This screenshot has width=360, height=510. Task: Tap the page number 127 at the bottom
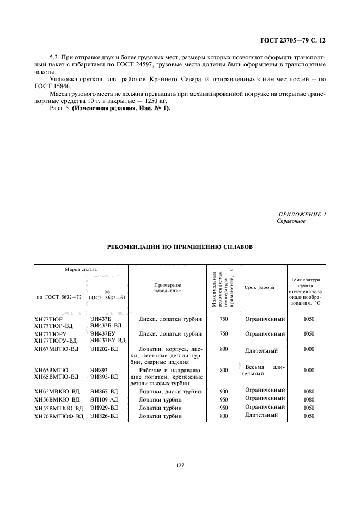180,465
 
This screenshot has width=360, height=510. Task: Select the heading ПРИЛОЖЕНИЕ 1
302,214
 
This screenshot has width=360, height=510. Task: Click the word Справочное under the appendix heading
291,221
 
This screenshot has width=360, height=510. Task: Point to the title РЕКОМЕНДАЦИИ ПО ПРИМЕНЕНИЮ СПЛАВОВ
180,246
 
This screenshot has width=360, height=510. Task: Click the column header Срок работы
260,287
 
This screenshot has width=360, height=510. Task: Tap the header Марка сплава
81,270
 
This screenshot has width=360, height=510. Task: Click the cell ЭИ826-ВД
104,416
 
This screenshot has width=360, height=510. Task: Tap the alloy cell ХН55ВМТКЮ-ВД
59,408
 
